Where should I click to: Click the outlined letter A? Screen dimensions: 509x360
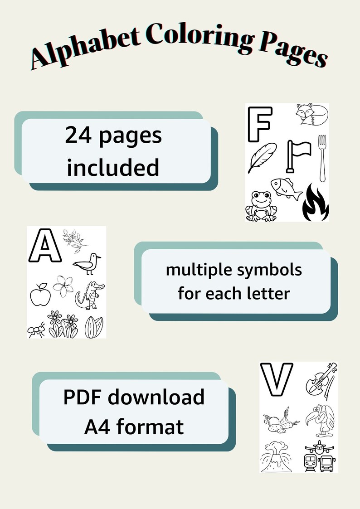point(44,245)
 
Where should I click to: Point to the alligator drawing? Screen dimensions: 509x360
point(90,295)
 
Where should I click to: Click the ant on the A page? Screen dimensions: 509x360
point(36,328)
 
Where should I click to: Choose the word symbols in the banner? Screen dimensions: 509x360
point(274,270)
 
